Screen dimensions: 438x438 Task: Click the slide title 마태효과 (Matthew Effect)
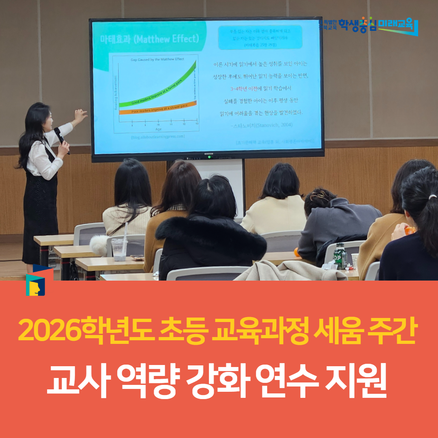[149, 39]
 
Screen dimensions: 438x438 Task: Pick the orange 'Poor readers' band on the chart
[158, 108]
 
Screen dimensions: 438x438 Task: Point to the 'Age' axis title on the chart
[158, 129]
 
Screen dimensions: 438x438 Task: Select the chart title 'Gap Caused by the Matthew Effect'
[157, 59]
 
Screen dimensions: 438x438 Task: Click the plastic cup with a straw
[119, 248]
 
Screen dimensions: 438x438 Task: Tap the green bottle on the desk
[340, 255]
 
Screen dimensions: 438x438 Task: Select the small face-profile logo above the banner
[35, 284]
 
